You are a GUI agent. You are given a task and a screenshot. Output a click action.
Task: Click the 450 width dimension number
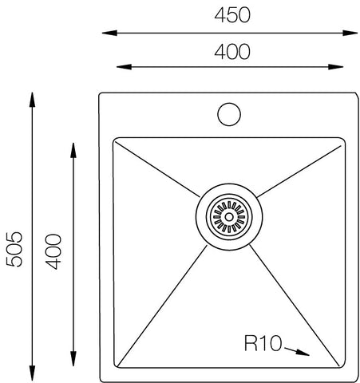231,14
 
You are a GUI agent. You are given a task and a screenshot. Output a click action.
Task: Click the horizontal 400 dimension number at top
231,52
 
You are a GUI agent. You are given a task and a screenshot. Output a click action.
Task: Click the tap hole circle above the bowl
230,113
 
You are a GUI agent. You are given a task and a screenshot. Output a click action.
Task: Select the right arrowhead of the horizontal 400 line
339,66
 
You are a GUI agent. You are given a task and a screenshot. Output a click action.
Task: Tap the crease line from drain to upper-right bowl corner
299,168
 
